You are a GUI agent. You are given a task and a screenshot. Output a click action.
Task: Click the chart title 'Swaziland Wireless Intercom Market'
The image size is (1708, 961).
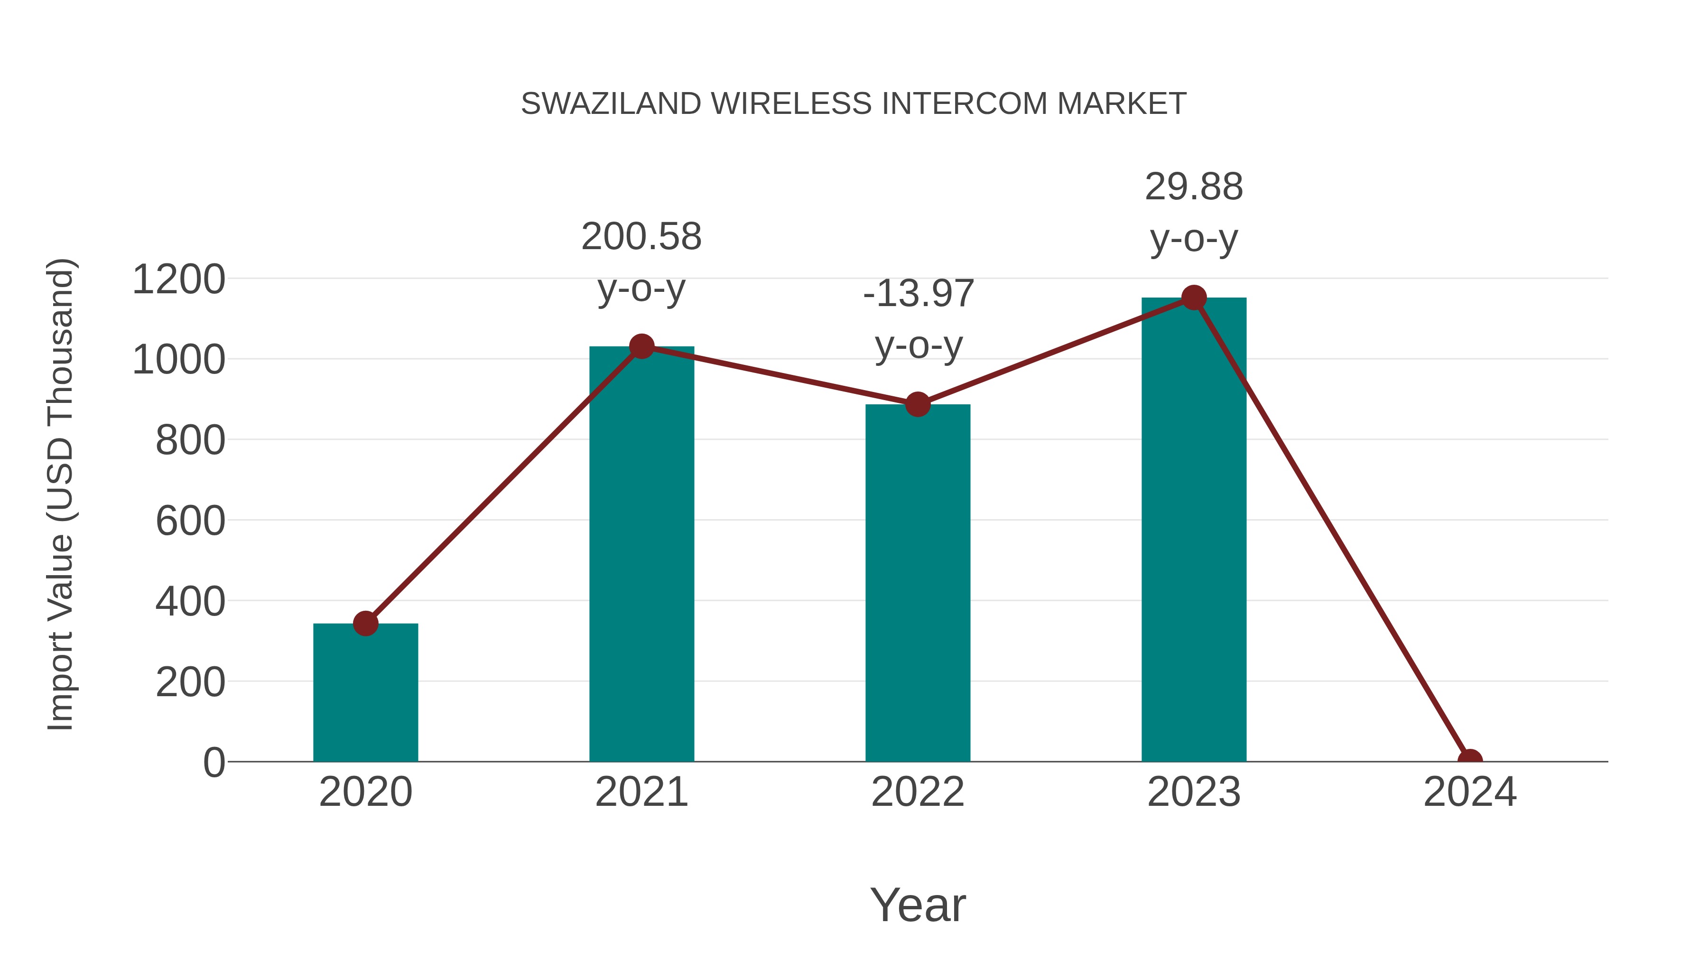point(854,104)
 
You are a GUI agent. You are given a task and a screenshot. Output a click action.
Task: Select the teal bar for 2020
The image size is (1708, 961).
point(365,692)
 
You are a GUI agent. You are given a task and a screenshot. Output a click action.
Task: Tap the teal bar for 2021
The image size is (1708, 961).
point(641,554)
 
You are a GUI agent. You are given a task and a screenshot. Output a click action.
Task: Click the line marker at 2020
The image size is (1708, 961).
point(365,624)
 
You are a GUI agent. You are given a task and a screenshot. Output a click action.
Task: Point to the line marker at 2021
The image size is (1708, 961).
point(641,346)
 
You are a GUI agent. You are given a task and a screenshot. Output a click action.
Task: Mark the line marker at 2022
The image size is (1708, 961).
point(918,404)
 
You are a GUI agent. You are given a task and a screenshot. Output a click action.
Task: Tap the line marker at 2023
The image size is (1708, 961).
point(1194,298)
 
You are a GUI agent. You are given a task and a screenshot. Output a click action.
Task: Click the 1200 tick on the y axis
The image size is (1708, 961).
point(179,279)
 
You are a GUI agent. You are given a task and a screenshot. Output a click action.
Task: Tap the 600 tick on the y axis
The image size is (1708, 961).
point(190,521)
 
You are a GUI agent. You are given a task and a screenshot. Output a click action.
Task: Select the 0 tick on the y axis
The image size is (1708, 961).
point(214,762)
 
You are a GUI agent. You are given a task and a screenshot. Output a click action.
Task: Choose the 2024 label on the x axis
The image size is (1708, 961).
point(1469,792)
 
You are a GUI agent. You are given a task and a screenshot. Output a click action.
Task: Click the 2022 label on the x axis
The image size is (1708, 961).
point(918,792)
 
